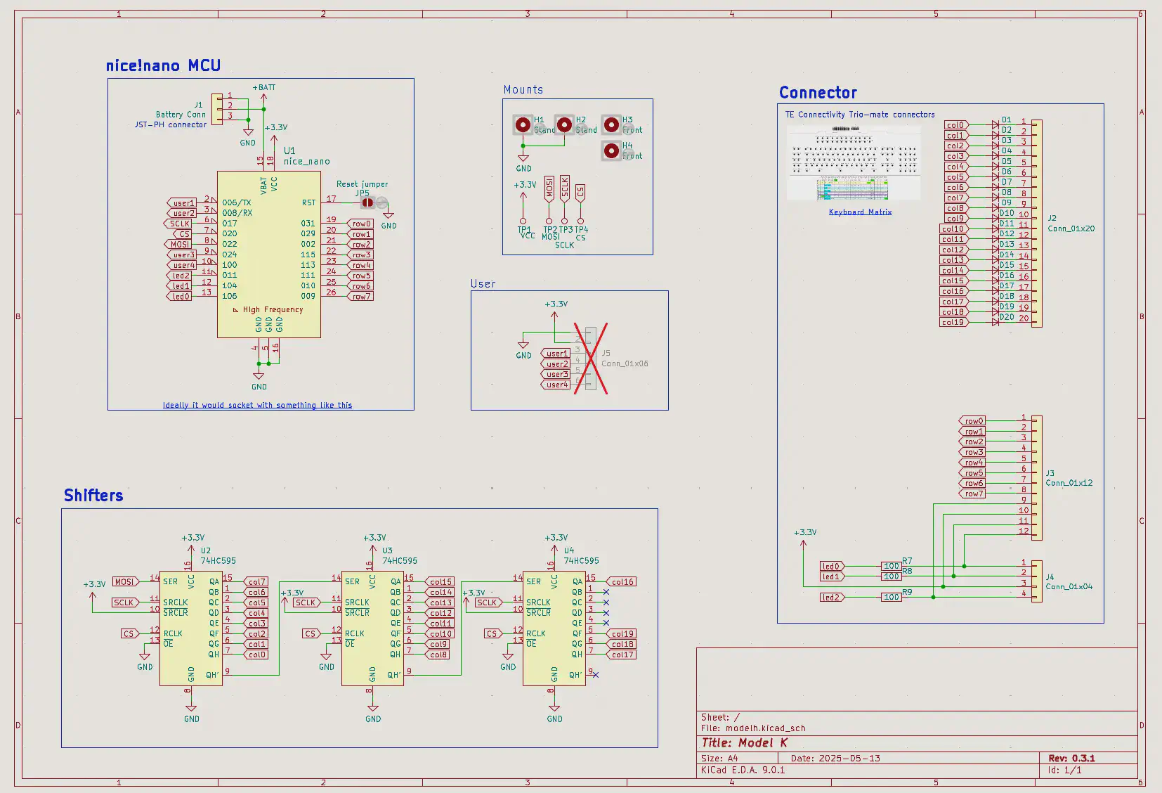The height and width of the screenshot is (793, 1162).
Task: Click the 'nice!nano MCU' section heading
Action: pos(163,66)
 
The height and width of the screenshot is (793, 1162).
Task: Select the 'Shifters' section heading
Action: pos(93,496)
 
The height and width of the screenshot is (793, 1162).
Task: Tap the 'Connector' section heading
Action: pos(818,93)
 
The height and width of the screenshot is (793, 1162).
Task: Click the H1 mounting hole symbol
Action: pos(523,125)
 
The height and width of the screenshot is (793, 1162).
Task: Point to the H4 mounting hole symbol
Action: pos(611,150)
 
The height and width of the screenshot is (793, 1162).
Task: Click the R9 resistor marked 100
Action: pos(892,597)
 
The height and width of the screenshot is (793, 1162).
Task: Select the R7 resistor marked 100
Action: pos(892,566)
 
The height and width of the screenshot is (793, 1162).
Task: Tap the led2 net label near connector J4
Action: pos(831,598)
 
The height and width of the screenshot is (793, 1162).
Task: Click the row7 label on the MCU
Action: pos(361,297)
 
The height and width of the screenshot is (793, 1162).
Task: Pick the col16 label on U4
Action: pos(622,582)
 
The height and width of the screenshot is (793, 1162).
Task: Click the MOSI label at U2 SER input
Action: pos(124,582)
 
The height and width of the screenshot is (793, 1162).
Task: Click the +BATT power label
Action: pos(264,88)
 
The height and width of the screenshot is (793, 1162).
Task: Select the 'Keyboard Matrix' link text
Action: pos(860,212)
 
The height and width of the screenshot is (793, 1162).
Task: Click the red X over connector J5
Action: pos(590,359)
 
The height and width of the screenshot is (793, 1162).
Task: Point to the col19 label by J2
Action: pos(953,323)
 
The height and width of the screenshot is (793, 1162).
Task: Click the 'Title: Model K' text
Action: pos(744,743)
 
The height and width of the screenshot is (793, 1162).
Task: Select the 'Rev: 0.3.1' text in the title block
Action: pos(1071,759)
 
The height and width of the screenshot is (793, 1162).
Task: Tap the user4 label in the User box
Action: pos(556,385)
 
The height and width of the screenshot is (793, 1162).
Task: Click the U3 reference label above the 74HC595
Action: pos(387,551)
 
